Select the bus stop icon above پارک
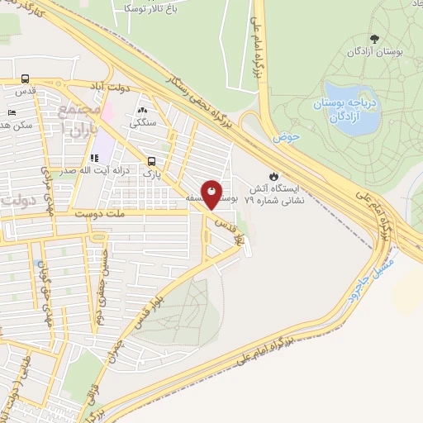151,161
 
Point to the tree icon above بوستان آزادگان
375,38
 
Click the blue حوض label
288,135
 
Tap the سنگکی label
142,124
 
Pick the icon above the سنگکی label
142,110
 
